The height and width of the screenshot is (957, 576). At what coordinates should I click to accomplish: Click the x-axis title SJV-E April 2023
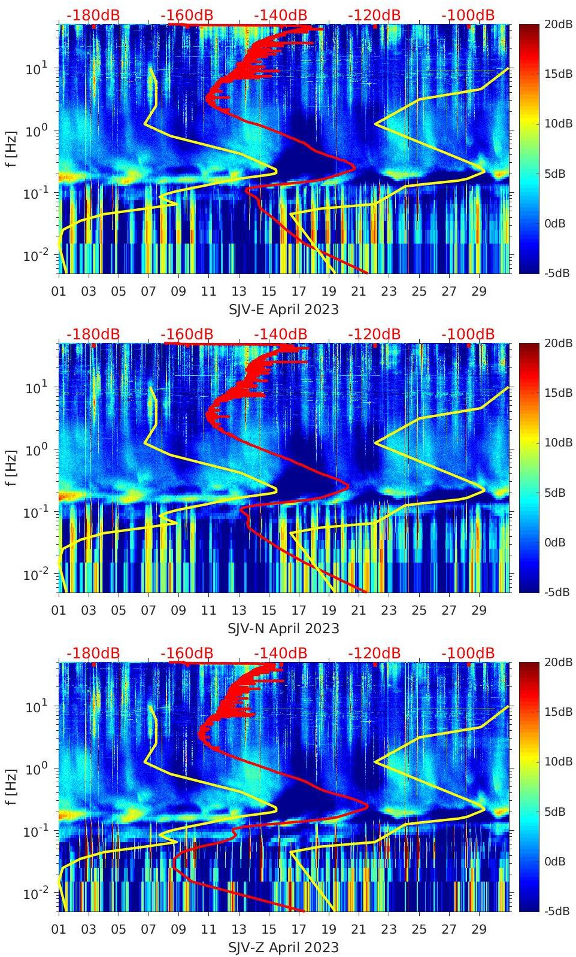pos(283,309)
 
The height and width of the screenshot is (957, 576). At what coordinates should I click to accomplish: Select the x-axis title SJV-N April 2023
pos(283,628)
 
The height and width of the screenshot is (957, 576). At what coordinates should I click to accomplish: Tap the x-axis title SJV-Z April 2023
pos(283,947)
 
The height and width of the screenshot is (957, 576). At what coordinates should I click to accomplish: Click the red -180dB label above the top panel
pos(93,16)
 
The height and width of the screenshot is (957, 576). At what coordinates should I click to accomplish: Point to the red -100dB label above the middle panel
pos(468,335)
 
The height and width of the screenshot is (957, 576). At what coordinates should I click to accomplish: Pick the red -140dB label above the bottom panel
pos(280,654)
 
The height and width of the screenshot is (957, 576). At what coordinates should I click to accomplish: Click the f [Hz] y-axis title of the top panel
pos(11,148)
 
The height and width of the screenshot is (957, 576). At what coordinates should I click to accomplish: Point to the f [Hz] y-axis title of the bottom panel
pos(11,786)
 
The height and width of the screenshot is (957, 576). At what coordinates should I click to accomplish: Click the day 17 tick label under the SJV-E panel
pos(298,291)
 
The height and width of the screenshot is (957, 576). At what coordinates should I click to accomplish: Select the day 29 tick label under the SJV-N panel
pos(478,610)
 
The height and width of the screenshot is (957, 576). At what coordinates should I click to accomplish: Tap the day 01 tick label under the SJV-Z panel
pos(59,929)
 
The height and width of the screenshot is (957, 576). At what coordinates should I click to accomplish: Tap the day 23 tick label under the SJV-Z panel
pos(389,929)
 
